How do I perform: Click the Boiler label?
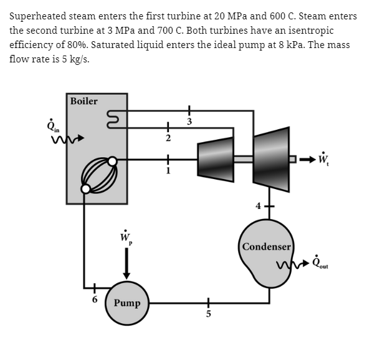83,101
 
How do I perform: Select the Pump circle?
127,303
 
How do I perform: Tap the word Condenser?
267,246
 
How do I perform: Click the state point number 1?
168,170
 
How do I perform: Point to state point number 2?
168,138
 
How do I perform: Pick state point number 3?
189,122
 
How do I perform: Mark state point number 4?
258,206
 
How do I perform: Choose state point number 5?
208,314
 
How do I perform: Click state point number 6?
95,299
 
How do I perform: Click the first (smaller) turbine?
216,160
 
